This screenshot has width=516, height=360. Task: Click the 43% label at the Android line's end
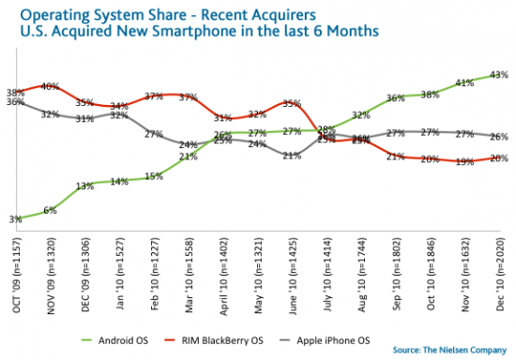(x=498, y=74)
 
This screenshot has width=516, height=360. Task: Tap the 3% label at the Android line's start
(x=15, y=217)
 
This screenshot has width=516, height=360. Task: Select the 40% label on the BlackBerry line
(x=51, y=86)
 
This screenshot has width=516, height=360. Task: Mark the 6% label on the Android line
(x=50, y=210)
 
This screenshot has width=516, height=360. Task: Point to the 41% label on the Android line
(x=463, y=82)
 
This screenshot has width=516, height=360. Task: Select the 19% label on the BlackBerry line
(x=463, y=161)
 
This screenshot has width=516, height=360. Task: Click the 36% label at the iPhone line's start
(x=15, y=102)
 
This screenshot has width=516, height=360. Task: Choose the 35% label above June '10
(x=291, y=103)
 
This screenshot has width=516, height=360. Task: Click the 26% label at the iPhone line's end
(x=498, y=136)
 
